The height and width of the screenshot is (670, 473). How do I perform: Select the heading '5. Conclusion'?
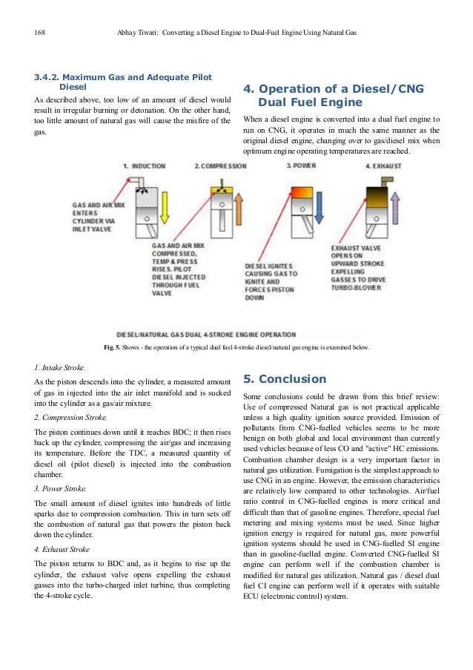(285, 379)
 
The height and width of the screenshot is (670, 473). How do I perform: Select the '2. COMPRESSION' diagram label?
(220, 166)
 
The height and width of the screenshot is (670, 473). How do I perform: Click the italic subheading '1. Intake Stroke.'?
(59, 367)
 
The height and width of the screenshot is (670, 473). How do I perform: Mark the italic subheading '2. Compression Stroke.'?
(70, 417)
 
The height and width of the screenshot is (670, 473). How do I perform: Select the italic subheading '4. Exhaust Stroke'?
(64, 549)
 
